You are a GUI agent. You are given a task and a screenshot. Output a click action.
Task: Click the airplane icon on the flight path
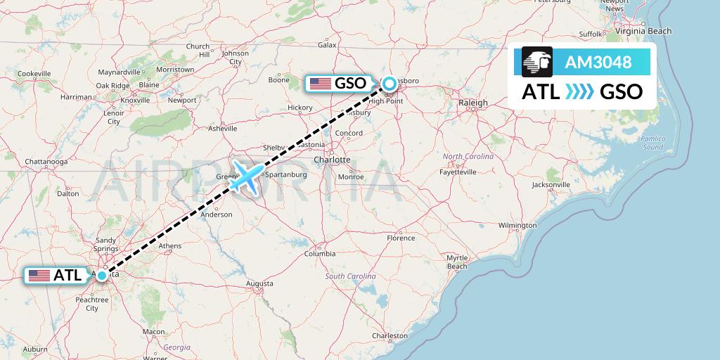pyautogui.click(x=245, y=176)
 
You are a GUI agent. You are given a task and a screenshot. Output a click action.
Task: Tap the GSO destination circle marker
pyautogui.click(x=389, y=84)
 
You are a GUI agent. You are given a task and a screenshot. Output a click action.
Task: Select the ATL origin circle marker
pyautogui.click(x=103, y=275)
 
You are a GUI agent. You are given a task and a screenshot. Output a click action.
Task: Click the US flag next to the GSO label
pyautogui.click(x=321, y=84)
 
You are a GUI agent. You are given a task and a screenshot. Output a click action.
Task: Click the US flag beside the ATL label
pyautogui.click(x=39, y=275)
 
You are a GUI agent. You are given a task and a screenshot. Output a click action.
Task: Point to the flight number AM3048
pyautogui.click(x=598, y=63)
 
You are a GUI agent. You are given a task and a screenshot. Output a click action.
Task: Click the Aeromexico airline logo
pyautogui.click(x=538, y=62)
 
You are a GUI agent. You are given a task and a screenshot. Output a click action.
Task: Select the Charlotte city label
pyautogui.click(x=332, y=160)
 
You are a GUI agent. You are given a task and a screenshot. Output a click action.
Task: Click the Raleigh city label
pyautogui.click(x=472, y=103)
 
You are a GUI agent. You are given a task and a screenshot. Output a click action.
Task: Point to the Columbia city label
pyautogui.click(x=319, y=253)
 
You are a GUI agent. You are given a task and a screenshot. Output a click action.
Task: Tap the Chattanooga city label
pyautogui.click(x=46, y=161)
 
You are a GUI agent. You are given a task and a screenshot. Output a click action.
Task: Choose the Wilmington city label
pyautogui.click(x=517, y=225)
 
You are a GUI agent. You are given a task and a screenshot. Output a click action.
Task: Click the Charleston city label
pyautogui.click(x=390, y=336)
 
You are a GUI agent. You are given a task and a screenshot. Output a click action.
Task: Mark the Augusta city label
pyautogui.click(x=259, y=283)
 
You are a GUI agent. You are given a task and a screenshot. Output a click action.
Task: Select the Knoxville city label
pyautogui.click(x=135, y=100)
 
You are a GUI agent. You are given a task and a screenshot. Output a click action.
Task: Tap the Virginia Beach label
pyautogui.click(x=644, y=31)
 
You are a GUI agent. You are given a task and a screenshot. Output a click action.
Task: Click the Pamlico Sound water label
pyautogui.click(x=652, y=143)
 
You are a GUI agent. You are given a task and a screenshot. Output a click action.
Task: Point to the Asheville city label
pyautogui.click(x=223, y=128)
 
